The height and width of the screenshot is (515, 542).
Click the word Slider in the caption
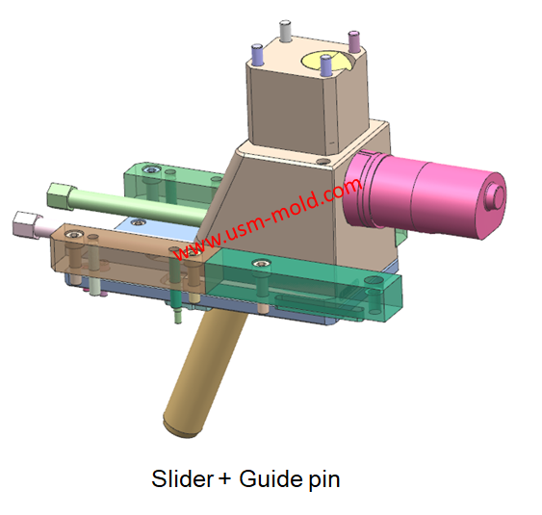point(178,478)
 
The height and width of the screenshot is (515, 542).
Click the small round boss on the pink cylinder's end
point(497,195)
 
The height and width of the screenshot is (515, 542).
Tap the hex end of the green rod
point(61,195)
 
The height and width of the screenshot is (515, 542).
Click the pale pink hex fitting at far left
point(24,224)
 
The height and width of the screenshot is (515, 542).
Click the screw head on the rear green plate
point(151,171)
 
